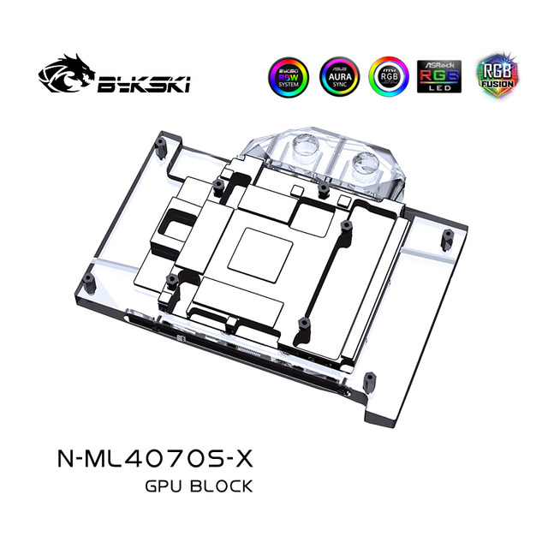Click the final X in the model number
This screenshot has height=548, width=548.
246,460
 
